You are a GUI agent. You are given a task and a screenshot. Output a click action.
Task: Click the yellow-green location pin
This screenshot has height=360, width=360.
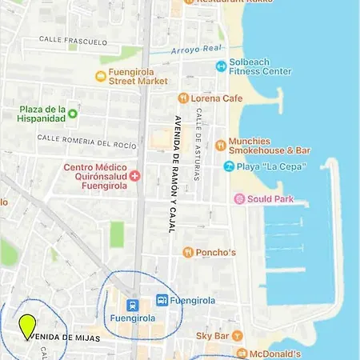pyautogui.click(x=27, y=325)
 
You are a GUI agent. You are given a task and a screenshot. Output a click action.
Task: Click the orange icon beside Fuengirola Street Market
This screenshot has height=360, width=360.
pyautogui.click(x=101, y=76)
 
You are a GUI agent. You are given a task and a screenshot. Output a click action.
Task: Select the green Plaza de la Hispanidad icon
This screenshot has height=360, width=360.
pyautogui.click(x=72, y=113)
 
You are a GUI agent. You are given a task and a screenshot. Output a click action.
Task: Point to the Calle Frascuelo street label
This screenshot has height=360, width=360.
pyautogui.click(x=73, y=38)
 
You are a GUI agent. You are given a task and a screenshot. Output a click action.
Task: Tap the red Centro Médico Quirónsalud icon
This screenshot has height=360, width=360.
pyautogui.click(x=134, y=175)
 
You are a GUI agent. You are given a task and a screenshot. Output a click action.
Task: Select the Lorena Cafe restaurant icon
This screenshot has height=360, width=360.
pyautogui.click(x=183, y=98)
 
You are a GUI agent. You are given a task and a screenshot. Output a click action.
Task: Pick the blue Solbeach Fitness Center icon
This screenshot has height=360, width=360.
pyautogui.click(x=221, y=66)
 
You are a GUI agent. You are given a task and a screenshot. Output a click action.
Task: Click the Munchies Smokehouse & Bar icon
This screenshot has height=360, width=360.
pyautogui.click(x=221, y=145)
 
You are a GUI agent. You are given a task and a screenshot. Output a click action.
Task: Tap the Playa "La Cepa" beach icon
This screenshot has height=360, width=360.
pyautogui.click(x=229, y=166)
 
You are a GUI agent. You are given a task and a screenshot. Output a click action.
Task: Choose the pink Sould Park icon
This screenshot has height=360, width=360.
pyautogui.click(x=238, y=198)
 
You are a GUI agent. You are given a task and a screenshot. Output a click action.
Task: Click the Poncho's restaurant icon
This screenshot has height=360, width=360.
pyautogui.click(x=188, y=252)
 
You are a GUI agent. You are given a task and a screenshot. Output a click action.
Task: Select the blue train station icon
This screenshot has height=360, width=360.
pyautogui.click(x=133, y=305)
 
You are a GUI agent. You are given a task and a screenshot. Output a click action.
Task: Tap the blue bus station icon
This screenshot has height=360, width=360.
pyautogui.click(x=162, y=300)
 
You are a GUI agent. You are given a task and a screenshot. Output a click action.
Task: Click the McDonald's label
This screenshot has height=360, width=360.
pyautogui.click(x=274, y=354)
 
